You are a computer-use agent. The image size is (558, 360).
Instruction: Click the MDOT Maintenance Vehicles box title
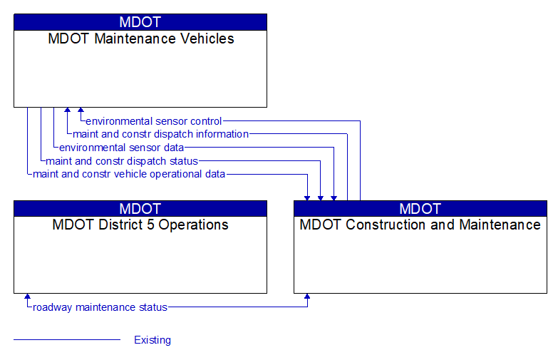pos(140,39)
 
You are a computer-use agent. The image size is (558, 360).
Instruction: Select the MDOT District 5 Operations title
pos(140,225)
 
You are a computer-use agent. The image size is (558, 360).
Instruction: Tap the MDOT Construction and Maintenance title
pos(420,225)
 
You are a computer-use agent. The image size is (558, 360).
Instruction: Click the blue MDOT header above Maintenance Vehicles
pos(140,22)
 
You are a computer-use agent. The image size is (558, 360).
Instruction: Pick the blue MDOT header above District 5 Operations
pos(140,209)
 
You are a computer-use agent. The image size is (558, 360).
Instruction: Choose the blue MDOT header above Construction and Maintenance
pos(420,209)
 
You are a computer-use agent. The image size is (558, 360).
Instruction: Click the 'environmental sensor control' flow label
pos(153,121)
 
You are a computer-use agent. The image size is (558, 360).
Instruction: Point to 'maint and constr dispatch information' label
pos(160,134)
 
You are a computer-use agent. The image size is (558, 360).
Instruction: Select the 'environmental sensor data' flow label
pos(121,148)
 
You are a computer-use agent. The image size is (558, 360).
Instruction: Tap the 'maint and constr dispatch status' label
pos(121,161)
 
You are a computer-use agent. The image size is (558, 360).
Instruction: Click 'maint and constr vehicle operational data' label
pos(129,174)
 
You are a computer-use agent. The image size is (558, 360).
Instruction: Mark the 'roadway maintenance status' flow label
pos(100,308)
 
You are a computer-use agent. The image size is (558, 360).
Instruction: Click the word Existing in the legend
pos(153,340)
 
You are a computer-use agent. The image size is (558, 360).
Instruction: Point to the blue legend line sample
pos(67,340)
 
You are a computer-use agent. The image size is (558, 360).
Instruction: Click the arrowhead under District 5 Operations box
pos(27,297)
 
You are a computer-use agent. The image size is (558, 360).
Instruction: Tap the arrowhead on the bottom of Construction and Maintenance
pos(307,297)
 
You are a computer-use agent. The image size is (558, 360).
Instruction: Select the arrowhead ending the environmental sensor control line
pos(81,111)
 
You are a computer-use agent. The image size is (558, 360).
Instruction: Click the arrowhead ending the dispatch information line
pos(67,111)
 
